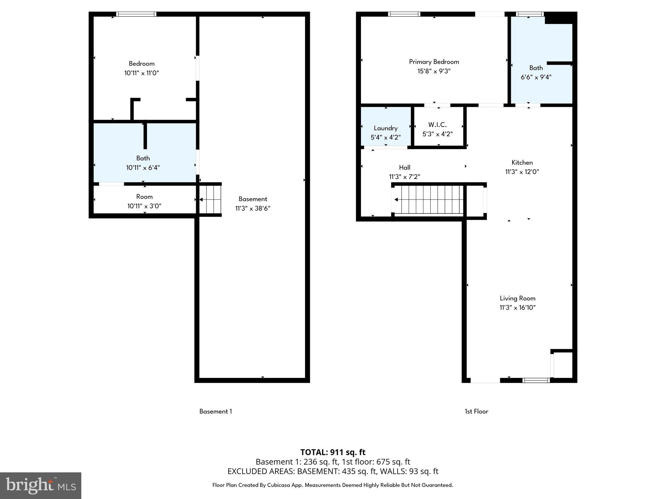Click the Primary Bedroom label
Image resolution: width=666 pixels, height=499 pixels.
click(x=434, y=62)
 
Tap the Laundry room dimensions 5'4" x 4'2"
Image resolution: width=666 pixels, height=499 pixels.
click(x=386, y=137)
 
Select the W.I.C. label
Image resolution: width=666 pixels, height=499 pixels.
click(x=437, y=125)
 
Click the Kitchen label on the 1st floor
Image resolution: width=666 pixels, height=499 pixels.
click(x=522, y=162)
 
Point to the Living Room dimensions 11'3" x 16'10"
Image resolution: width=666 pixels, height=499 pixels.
click(x=517, y=308)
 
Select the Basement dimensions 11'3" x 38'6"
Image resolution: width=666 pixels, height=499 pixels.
click(x=253, y=208)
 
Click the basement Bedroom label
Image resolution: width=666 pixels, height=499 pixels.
click(x=141, y=64)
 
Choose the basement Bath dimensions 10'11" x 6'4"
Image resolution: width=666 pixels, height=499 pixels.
click(x=143, y=168)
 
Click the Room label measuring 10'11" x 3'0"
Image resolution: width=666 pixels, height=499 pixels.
click(x=144, y=197)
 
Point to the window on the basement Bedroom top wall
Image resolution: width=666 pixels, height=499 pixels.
click(x=136, y=14)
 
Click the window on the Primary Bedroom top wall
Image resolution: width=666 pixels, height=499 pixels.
click(x=404, y=14)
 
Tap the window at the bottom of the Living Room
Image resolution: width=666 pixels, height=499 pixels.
click(x=536, y=380)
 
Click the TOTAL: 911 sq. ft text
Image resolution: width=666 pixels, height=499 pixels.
click(x=333, y=452)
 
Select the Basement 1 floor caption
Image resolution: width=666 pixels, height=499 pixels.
click(x=216, y=412)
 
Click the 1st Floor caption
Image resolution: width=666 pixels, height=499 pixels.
click(x=476, y=412)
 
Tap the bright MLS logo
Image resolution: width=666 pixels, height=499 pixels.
click(x=41, y=485)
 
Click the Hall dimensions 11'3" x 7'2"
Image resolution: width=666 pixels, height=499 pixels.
click(x=405, y=177)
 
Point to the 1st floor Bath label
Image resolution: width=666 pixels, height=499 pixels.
click(x=536, y=68)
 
